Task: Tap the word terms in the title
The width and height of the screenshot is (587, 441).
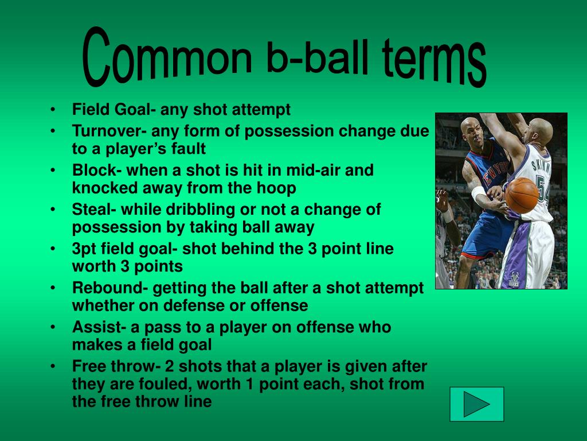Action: pyautogui.click(x=435, y=63)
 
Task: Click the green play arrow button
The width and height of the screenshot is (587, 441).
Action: pyautogui.click(x=476, y=404)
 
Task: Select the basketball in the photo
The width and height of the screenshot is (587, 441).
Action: pyautogui.click(x=522, y=195)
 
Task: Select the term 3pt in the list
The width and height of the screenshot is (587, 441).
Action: pyautogui.click(x=84, y=249)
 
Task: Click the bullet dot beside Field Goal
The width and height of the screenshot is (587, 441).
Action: pyautogui.click(x=53, y=110)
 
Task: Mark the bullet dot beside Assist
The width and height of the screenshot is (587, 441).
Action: pyautogui.click(x=53, y=327)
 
